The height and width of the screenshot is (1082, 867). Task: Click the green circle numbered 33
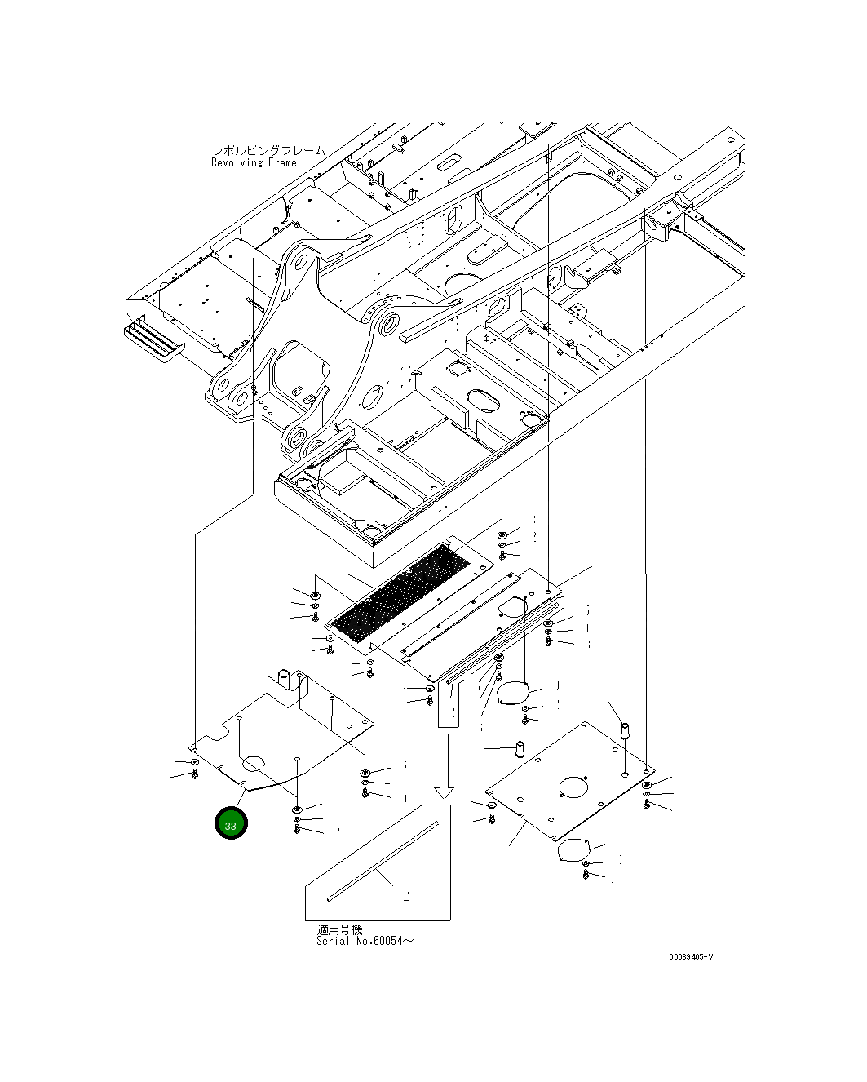point(230,824)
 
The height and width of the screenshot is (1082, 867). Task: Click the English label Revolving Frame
point(254,162)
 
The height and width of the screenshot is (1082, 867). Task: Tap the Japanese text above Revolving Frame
point(268,151)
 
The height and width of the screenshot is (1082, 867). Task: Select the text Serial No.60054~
point(365,941)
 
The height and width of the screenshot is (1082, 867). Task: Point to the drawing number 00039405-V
point(690,957)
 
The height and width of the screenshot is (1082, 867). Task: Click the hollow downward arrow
point(444,765)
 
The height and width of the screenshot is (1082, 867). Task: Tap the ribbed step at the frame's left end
point(153,339)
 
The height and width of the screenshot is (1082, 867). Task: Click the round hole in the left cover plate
point(254,763)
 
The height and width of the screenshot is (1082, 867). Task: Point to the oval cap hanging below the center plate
point(512,693)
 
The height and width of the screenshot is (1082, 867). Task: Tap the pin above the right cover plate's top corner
point(626,729)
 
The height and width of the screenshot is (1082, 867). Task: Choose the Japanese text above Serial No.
point(339,929)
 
